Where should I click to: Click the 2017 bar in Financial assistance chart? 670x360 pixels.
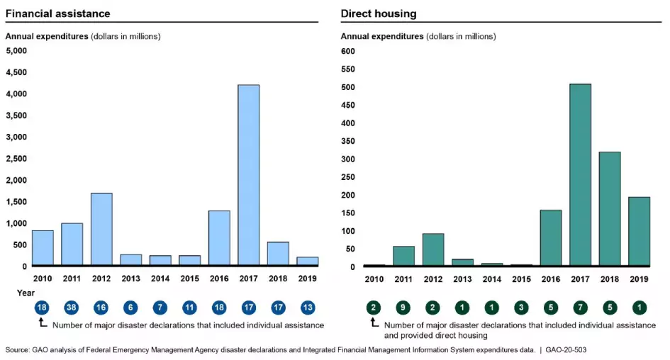click(248, 175)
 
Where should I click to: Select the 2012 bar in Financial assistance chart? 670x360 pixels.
click(101, 230)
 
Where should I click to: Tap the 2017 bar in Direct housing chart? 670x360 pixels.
click(580, 175)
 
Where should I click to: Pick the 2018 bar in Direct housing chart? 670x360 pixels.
click(610, 209)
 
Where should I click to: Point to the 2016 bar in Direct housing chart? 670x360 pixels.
click(551, 238)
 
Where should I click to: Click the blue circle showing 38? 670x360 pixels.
click(72, 308)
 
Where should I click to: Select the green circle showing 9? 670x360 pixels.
click(403, 308)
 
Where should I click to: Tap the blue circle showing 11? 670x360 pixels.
click(189, 308)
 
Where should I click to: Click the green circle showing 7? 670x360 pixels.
click(580, 308)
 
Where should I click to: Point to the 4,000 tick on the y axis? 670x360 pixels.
click(16, 72)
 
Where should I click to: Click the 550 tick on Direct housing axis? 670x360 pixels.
click(347, 69)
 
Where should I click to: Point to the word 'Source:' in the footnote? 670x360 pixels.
click(18, 350)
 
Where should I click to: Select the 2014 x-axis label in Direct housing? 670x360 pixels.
click(492, 279)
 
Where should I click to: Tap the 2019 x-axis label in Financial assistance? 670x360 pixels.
click(307, 279)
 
